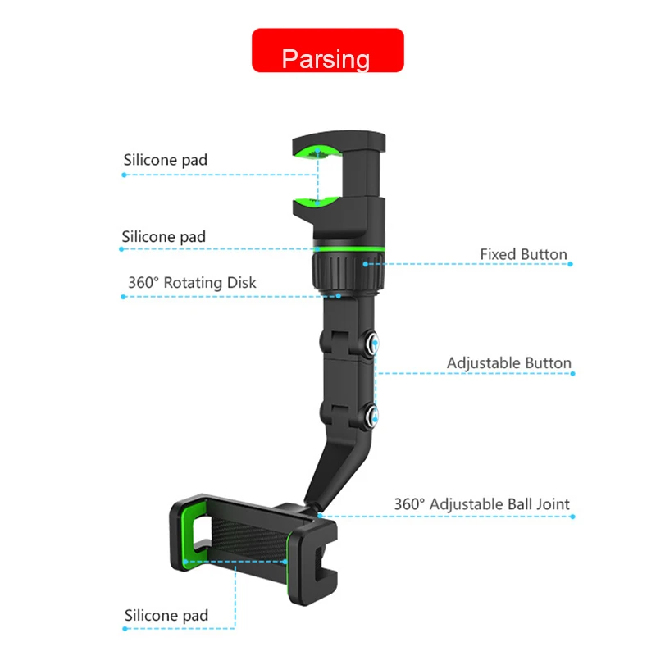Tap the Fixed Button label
(x=523, y=254)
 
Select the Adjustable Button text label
(x=508, y=362)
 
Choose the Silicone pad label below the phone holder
(x=166, y=615)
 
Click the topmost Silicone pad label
(x=166, y=160)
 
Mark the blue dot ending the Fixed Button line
(x=571, y=263)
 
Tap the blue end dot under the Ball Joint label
(x=572, y=517)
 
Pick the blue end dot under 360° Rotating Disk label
(x=123, y=296)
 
